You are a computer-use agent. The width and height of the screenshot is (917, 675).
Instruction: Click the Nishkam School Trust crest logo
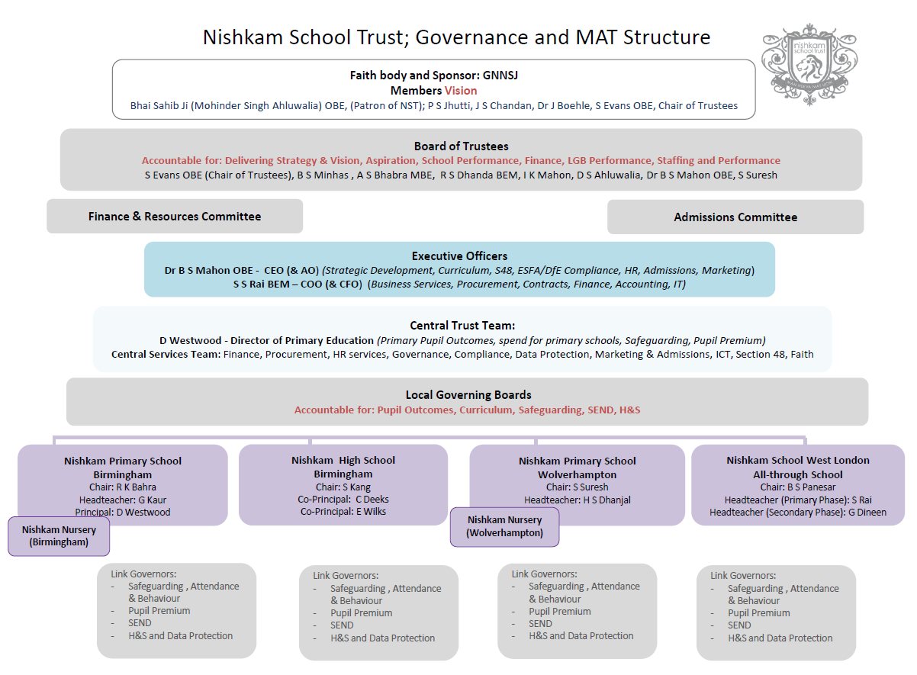pyautogui.click(x=809, y=64)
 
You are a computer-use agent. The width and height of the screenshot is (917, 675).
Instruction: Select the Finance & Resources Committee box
pyautogui.click(x=175, y=216)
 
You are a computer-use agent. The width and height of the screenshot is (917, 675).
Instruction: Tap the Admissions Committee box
pyautogui.click(x=735, y=217)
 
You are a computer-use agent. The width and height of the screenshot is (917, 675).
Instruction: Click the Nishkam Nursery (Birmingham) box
pyautogui.click(x=59, y=536)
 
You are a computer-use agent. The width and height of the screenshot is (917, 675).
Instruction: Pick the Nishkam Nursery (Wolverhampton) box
pyautogui.click(x=505, y=527)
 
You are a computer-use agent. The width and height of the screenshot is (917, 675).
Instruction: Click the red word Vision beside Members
pyautogui.click(x=461, y=91)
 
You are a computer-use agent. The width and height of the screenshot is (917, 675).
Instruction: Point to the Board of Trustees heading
pyautogui.click(x=461, y=146)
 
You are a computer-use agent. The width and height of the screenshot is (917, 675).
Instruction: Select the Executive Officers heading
pyautogui.click(x=459, y=256)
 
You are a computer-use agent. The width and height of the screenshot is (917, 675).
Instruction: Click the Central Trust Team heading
pyautogui.click(x=462, y=326)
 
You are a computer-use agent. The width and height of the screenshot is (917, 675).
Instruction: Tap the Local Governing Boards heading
pyautogui.click(x=468, y=394)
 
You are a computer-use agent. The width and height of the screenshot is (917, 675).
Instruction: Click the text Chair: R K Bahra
pyautogui.click(x=123, y=487)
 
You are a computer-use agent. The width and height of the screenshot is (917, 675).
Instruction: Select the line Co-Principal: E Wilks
pyautogui.click(x=343, y=511)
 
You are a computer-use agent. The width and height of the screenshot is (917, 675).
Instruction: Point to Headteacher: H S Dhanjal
pyautogui.click(x=578, y=500)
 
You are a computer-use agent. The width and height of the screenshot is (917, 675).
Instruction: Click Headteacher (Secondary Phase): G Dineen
pyautogui.click(x=798, y=512)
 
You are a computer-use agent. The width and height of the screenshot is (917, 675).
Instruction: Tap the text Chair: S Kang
pyautogui.click(x=343, y=487)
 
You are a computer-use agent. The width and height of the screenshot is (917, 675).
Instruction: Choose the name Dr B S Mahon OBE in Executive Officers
pyautogui.click(x=209, y=271)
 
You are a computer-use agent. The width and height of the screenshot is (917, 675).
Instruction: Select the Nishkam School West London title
pyautogui.click(x=798, y=460)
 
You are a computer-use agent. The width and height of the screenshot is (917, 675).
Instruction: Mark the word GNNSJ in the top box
pyautogui.click(x=500, y=76)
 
